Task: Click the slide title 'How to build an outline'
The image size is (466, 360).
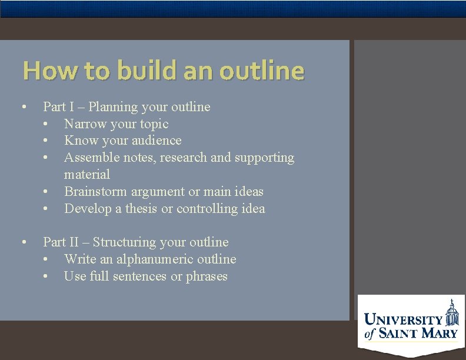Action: (163, 71)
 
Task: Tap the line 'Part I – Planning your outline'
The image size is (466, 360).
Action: (127, 106)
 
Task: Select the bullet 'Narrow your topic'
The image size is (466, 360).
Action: (116, 124)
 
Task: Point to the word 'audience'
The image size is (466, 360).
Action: (157, 140)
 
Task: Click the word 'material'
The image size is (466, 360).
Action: (87, 174)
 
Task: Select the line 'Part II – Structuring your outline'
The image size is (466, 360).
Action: (136, 242)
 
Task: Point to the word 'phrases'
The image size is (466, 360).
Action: (207, 276)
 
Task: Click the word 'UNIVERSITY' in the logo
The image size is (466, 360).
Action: (403, 320)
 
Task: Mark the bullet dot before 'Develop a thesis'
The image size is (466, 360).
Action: (45, 209)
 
